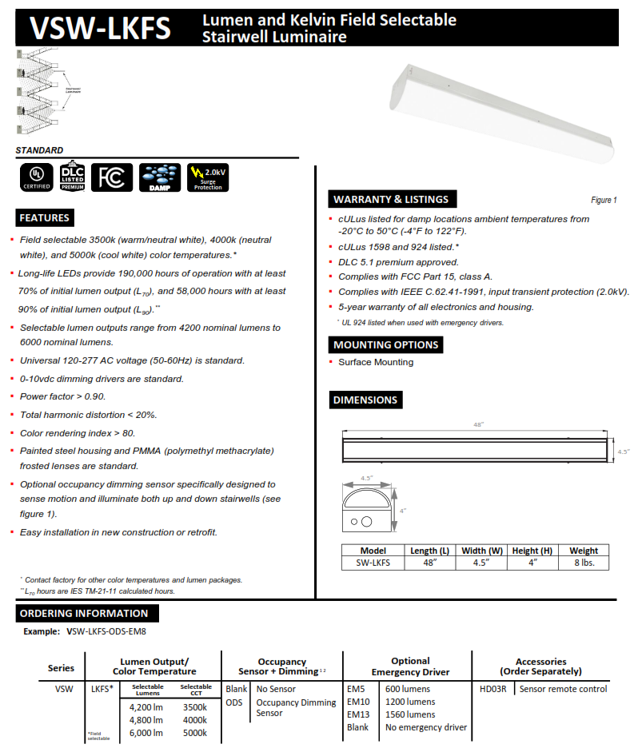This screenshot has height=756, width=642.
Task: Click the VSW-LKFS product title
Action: pyautogui.click(x=100, y=28)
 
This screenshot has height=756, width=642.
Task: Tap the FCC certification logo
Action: pyautogui.click(x=112, y=177)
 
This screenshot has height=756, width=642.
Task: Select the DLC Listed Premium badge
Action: pyautogui.click(x=72, y=177)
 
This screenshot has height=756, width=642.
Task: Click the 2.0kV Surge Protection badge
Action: pyautogui.click(x=207, y=177)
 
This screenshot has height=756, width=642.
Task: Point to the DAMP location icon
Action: pyautogui.click(x=159, y=177)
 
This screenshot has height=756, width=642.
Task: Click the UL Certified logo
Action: pyautogui.click(x=35, y=177)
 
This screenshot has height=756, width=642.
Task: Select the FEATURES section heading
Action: pyautogui.click(x=45, y=217)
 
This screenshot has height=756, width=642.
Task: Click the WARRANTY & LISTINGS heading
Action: pyautogui.click(x=391, y=199)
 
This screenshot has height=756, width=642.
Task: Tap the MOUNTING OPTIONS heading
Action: pyautogui.click(x=385, y=344)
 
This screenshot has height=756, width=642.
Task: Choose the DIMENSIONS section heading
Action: pyautogui.click(x=365, y=400)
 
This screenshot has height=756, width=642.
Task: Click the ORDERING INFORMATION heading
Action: pyautogui.click(x=84, y=613)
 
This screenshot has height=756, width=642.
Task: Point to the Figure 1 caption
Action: pyautogui.click(x=604, y=200)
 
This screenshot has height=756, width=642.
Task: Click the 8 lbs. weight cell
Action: pyautogui.click(x=584, y=563)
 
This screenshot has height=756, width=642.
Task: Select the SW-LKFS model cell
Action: pyautogui.click(x=373, y=563)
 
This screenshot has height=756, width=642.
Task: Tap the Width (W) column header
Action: pyautogui.click(x=482, y=551)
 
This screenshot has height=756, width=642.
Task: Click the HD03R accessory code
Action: pyautogui.click(x=492, y=689)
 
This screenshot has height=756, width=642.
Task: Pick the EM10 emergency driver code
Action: pyautogui.click(x=359, y=702)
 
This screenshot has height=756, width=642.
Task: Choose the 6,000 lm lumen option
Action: pyautogui.click(x=147, y=733)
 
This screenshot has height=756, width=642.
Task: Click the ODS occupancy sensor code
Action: pyautogui.click(x=234, y=702)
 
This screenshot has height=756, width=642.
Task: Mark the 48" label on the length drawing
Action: pyautogui.click(x=478, y=424)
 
